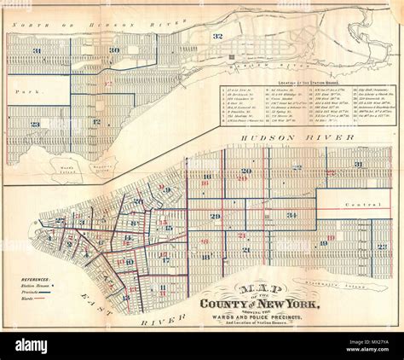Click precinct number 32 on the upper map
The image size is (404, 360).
tap(217, 36)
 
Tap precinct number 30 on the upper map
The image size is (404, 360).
tap(113, 50)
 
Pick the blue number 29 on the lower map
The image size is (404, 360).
tap(215, 217)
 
